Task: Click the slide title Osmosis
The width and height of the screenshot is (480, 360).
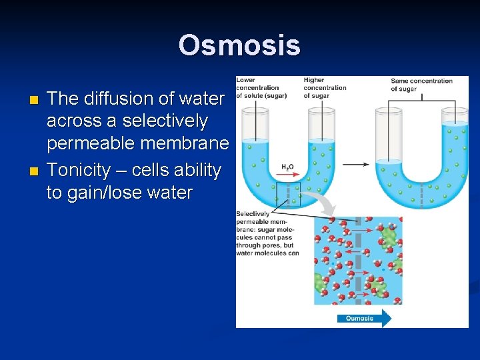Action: point(239,45)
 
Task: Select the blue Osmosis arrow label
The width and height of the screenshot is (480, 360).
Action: point(364,318)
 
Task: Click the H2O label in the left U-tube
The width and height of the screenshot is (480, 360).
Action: point(288,167)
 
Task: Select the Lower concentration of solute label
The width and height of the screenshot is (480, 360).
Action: point(261,88)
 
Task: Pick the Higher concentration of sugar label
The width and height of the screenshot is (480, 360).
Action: point(325,88)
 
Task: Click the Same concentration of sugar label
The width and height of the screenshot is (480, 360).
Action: point(421,85)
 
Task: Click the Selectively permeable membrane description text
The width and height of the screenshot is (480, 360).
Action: point(267,233)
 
